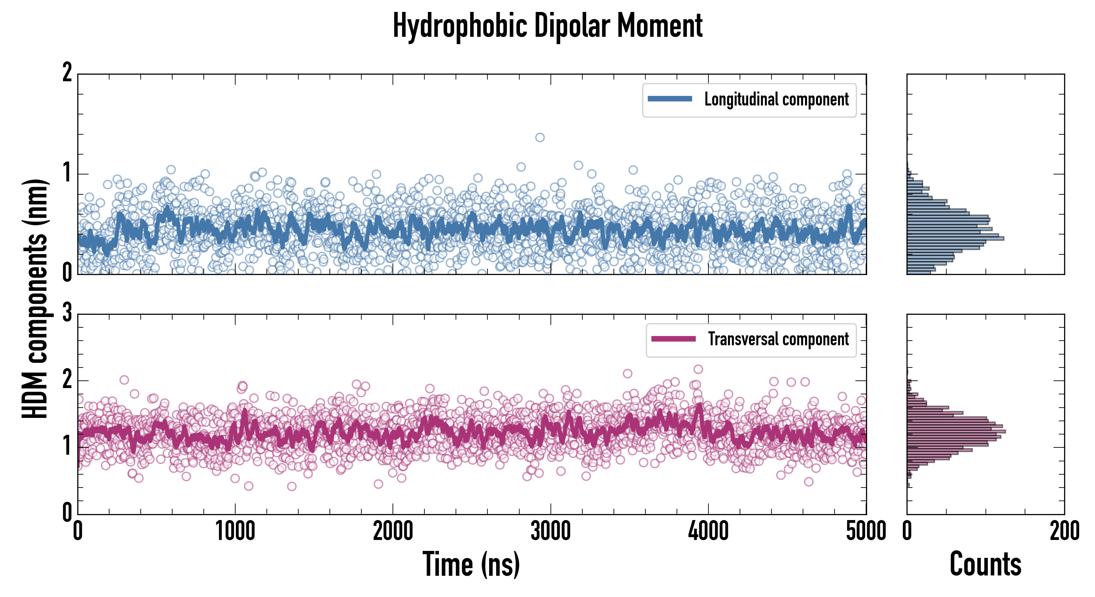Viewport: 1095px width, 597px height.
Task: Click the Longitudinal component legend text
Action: tap(776, 99)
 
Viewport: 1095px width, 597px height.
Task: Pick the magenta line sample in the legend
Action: tap(673, 339)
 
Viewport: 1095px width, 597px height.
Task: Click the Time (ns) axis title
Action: tap(471, 564)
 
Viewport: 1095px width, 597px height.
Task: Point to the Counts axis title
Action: tap(985, 564)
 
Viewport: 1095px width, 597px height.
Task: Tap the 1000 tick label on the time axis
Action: tap(235, 531)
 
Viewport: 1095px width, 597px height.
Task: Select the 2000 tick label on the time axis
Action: tap(393, 531)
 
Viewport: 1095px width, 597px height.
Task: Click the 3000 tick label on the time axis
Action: tap(550, 531)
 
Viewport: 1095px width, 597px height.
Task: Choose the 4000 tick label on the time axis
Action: tap(708, 531)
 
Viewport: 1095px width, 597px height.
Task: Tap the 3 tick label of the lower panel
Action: tap(67, 313)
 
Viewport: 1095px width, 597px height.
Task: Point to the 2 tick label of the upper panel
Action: tap(67, 73)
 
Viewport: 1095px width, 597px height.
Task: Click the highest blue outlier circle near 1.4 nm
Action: tap(540, 137)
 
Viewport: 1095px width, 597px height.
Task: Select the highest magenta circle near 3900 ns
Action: tap(698, 369)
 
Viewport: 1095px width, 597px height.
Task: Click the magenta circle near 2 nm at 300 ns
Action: tap(124, 380)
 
